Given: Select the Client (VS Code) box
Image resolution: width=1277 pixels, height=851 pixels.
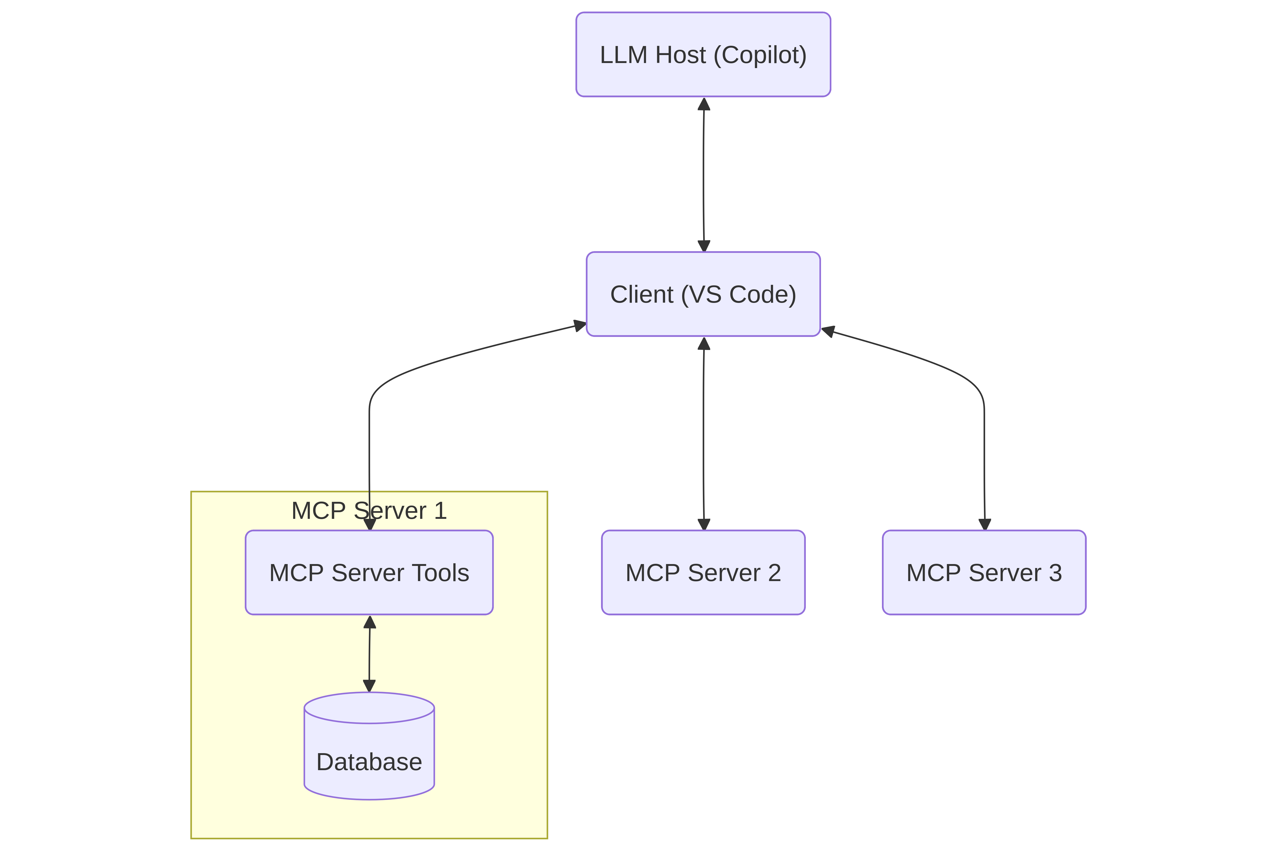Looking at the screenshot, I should (x=703, y=294).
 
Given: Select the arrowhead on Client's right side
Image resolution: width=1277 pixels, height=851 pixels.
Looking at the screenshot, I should (x=828, y=331).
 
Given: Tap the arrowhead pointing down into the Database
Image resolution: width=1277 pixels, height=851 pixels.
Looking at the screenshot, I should (x=369, y=686).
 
